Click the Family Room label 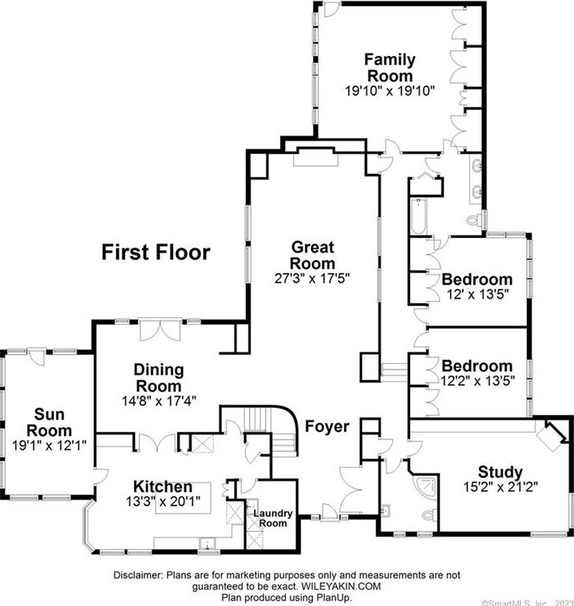pos(390,68)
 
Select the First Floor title pos(156,253)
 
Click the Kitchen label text pos(162,486)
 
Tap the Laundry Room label pos(273,518)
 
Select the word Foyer pos(327,427)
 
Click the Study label pos(500,471)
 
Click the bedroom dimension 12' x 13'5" pos(477,294)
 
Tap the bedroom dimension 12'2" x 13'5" pos(477,381)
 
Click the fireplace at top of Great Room pos(316,157)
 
